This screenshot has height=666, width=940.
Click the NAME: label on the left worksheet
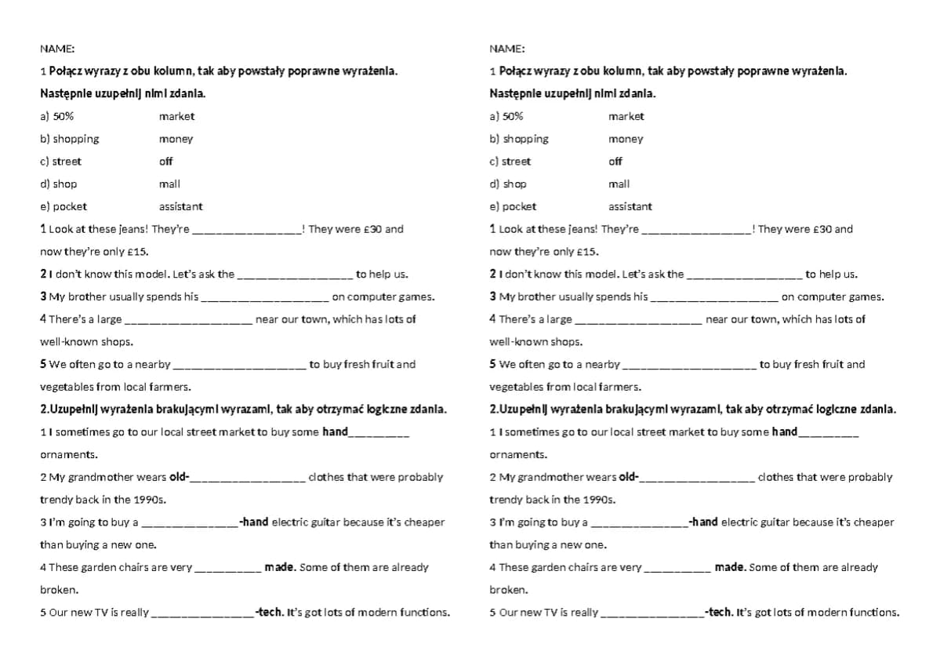pos(57,49)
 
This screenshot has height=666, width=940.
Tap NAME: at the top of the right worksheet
pos(507,49)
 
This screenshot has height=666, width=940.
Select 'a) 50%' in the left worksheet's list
pos(56,116)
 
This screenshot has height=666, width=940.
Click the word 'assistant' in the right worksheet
pos(630,206)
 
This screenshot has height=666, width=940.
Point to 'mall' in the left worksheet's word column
pos(169,184)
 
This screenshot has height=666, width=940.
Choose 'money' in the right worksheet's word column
pos(626,139)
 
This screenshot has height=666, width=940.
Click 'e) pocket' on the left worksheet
pos(64,206)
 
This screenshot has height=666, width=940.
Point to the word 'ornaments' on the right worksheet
pos(518,454)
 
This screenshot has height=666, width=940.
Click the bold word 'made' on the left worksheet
pos(280,567)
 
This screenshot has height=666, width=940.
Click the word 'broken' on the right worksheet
pos(508,589)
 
